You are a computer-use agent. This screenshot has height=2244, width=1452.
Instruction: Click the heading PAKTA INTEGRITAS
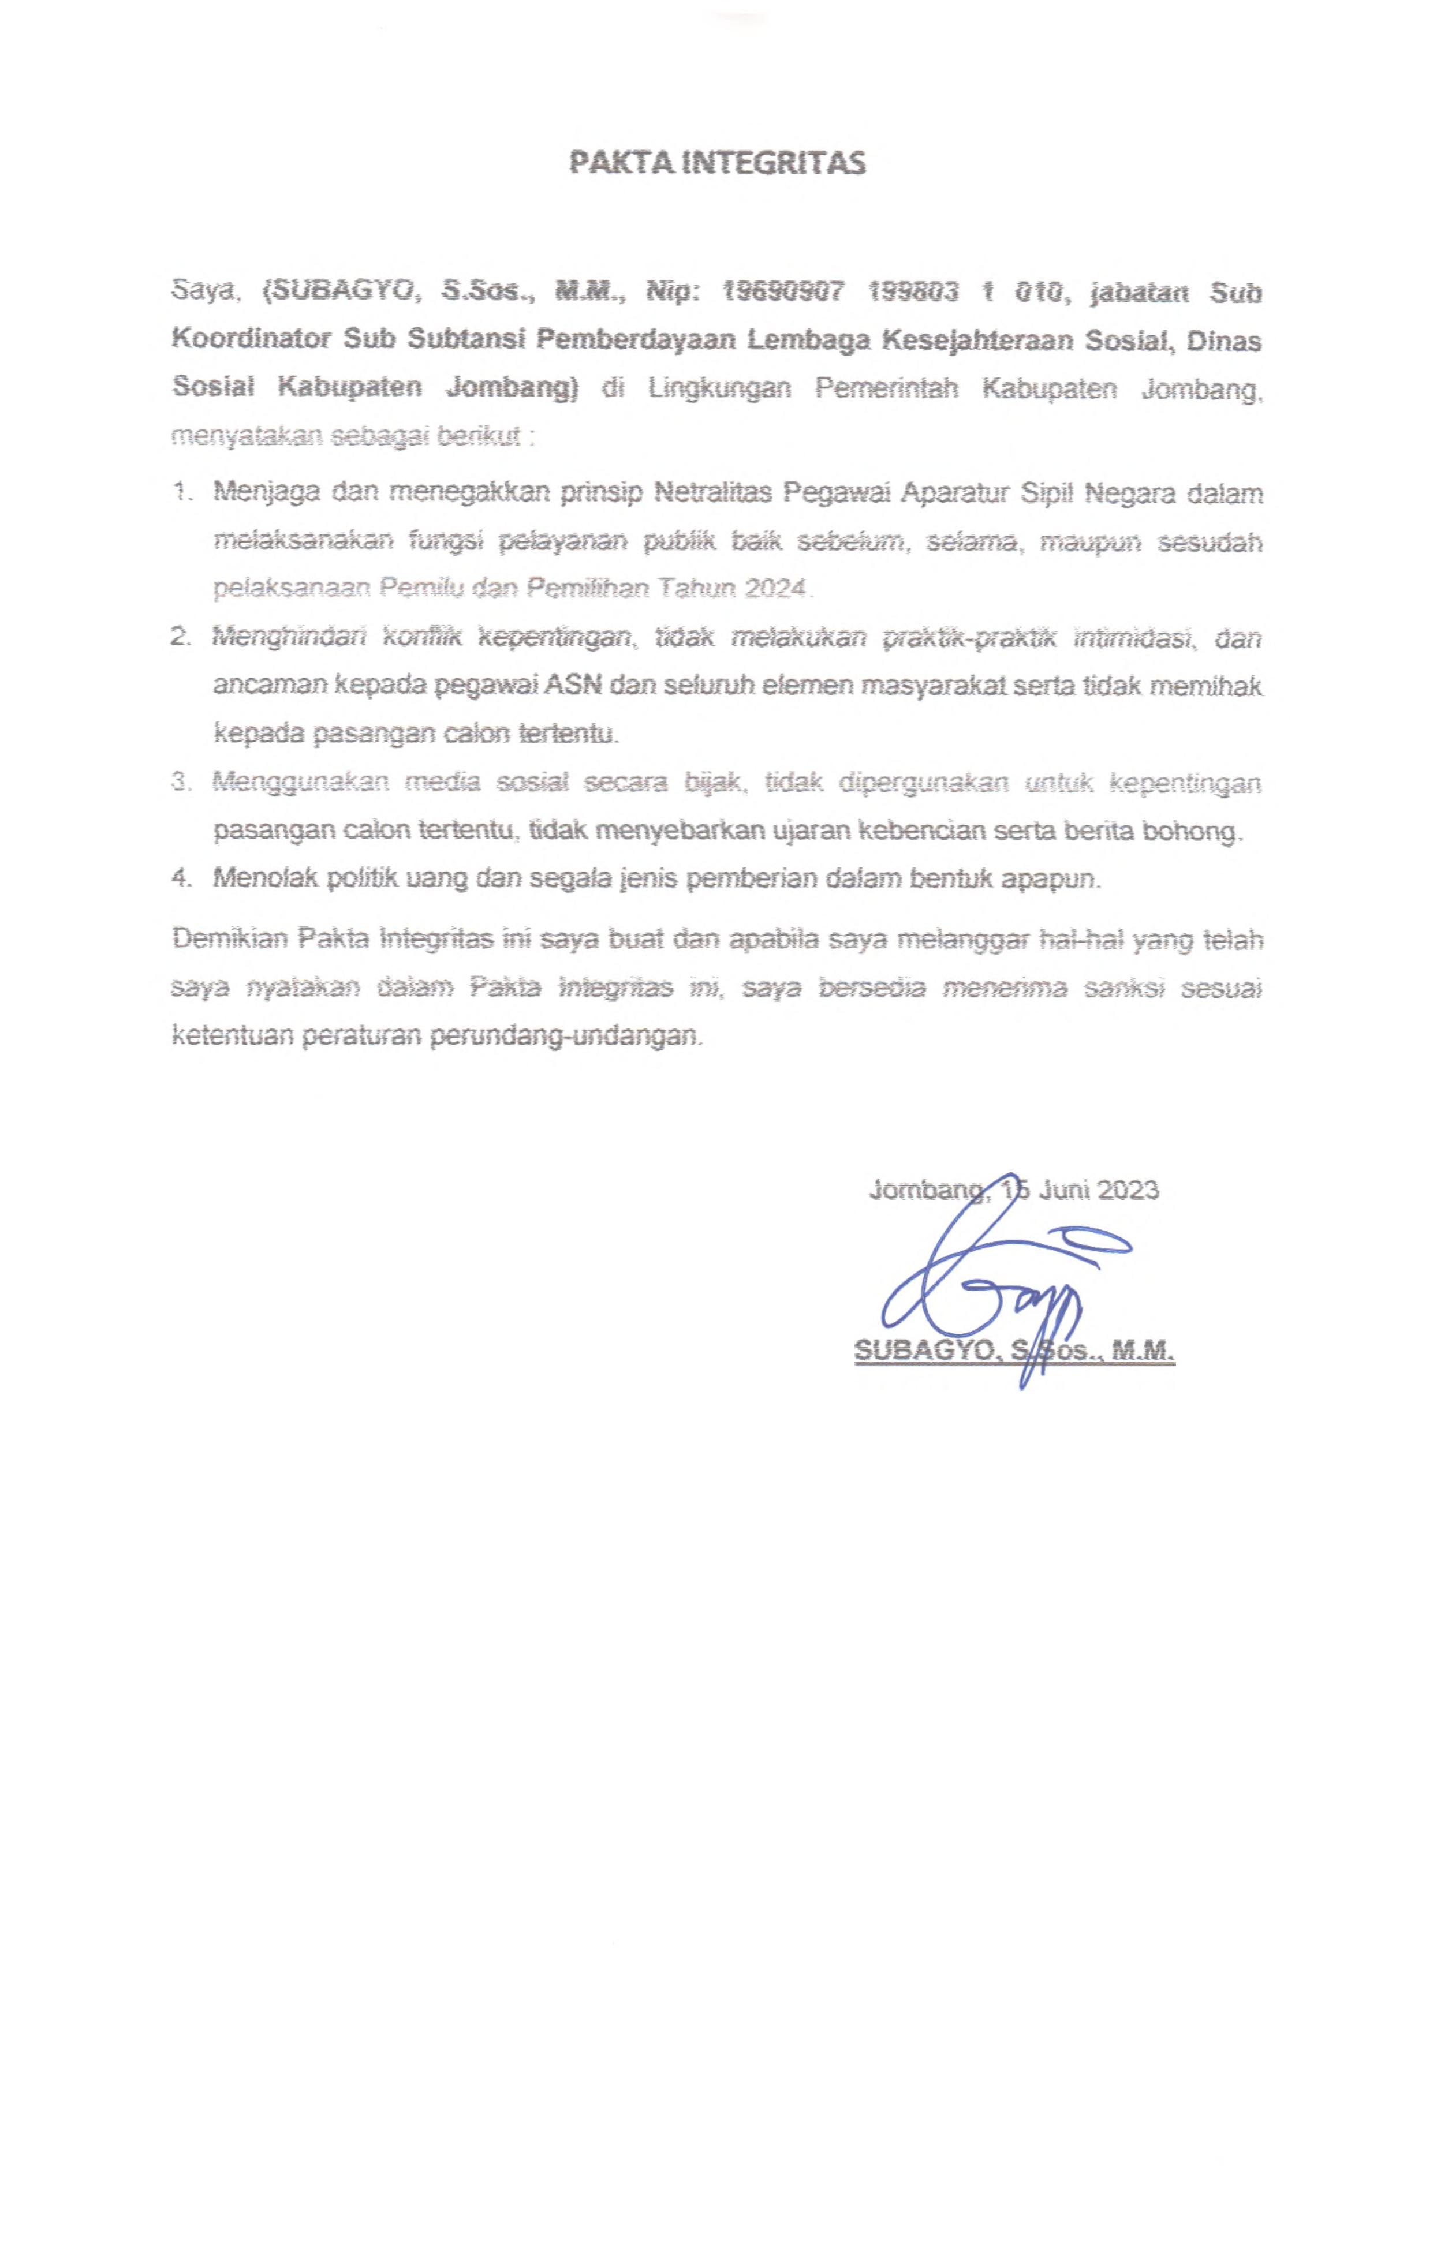(x=716, y=163)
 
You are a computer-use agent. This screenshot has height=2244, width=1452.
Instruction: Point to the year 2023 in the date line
(x=1128, y=1190)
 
